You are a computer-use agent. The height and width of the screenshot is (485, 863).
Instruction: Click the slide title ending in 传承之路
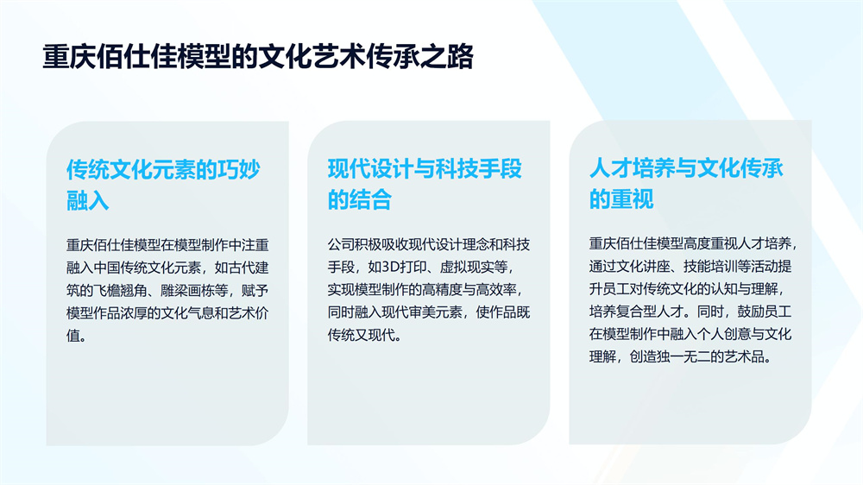click(x=258, y=57)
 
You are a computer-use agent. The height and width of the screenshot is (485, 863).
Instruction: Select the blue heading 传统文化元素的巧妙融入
click(x=163, y=185)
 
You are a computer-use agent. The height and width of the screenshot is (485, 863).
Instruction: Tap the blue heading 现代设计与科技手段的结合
click(x=425, y=184)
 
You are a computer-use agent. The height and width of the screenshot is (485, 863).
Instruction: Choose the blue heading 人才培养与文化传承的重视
click(x=686, y=183)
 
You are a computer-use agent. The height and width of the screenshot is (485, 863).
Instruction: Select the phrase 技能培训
click(x=710, y=267)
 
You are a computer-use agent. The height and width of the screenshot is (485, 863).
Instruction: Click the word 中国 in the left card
click(x=107, y=268)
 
